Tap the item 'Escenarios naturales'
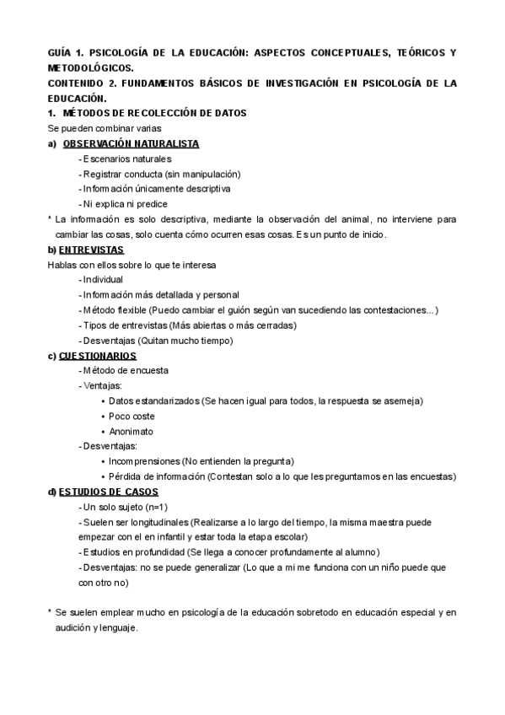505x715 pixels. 126,159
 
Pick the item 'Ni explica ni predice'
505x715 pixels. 125,204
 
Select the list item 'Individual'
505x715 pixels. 102,279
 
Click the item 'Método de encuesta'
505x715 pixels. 124,370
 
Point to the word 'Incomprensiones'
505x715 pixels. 144,461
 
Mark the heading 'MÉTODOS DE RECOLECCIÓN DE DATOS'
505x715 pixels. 154,113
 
